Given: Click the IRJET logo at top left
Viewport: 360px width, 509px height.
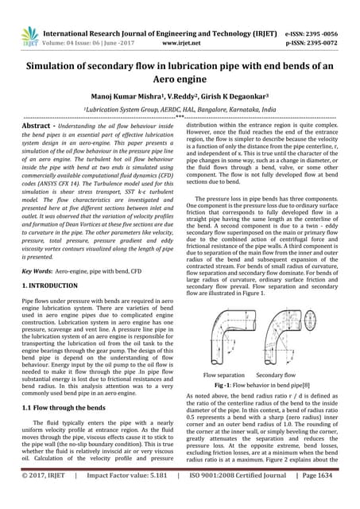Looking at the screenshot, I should (x=29, y=34).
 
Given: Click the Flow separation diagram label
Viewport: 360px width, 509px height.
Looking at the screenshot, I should (x=224, y=374).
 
